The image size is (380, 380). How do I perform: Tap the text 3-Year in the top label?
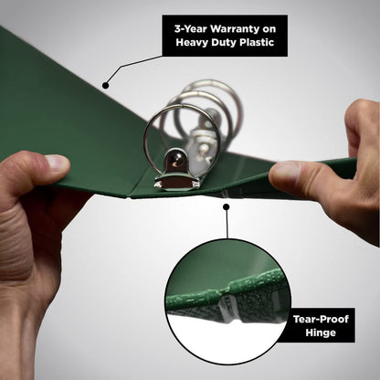coord(191,29)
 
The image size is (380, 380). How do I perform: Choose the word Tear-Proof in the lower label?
coord(321,319)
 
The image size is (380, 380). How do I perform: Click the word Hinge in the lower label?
coord(321,332)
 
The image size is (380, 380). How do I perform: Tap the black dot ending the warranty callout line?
coord(106,86)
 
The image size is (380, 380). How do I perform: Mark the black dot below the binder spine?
coord(226,207)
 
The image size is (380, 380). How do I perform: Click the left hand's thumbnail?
coord(57,163)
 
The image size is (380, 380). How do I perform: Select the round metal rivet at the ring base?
coord(176,161)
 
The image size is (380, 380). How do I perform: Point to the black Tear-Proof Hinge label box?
coord(321,325)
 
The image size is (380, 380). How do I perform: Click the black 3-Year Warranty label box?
coord(225,36)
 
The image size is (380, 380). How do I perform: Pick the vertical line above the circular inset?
coord(227,224)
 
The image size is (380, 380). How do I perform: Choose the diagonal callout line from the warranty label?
coord(133,67)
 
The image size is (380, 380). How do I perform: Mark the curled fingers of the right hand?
coord(363,128)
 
